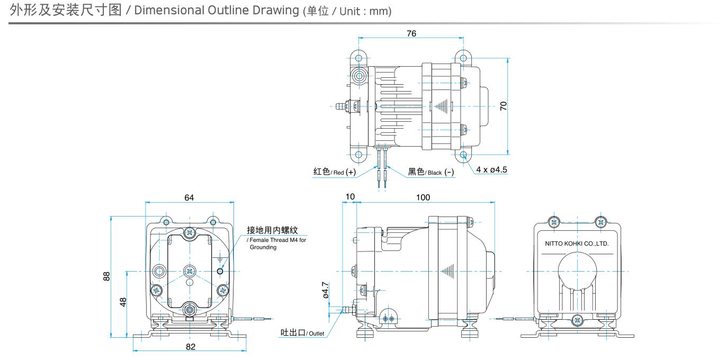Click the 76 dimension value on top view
pyautogui.click(x=411, y=33)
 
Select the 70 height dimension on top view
pyautogui.click(x=504, y=105)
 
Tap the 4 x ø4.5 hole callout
pyautogui.click(x=491, y=169)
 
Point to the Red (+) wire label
pyautogui.click(x=334, y=172)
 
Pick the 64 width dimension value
pyautogui.click(x=189, y=197)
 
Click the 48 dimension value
pyautogui.click(x=123, y=302)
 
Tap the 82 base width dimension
pyautogui.click(x=191, y=347)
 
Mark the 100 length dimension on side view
pyautogui.click(x=423, y=197)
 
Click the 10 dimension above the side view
pyautogui.click(x=350, y=197)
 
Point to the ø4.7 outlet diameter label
pyautogui.click(x=326, y=290)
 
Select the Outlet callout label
pyautogui.click(x=302, y=333)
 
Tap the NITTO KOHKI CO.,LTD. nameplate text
pyautogui.click(x=577, y=244)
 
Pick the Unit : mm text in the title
pyautogui.click(x=364, y=12)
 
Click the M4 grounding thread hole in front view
pyautogui.click(x=220, y=272)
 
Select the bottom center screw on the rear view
pyautogui.click(x=577, y=319)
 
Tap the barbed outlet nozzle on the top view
pyautogui.click(x=338, y=106)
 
